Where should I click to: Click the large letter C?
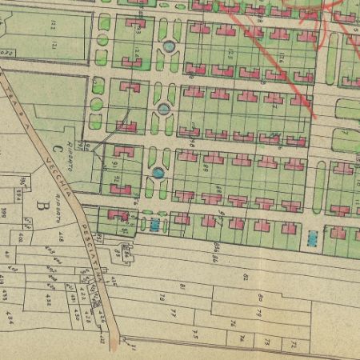pyautogui.click(x=57, y=149)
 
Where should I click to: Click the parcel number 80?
pyautogui.click(x=261, y=298)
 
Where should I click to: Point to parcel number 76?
pyautogui.click(x=231, y=323)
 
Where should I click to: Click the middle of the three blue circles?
pyautogui.click(x=163, y=107)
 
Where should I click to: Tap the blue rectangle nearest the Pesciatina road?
pyautogui.click(x=154, y=226)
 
